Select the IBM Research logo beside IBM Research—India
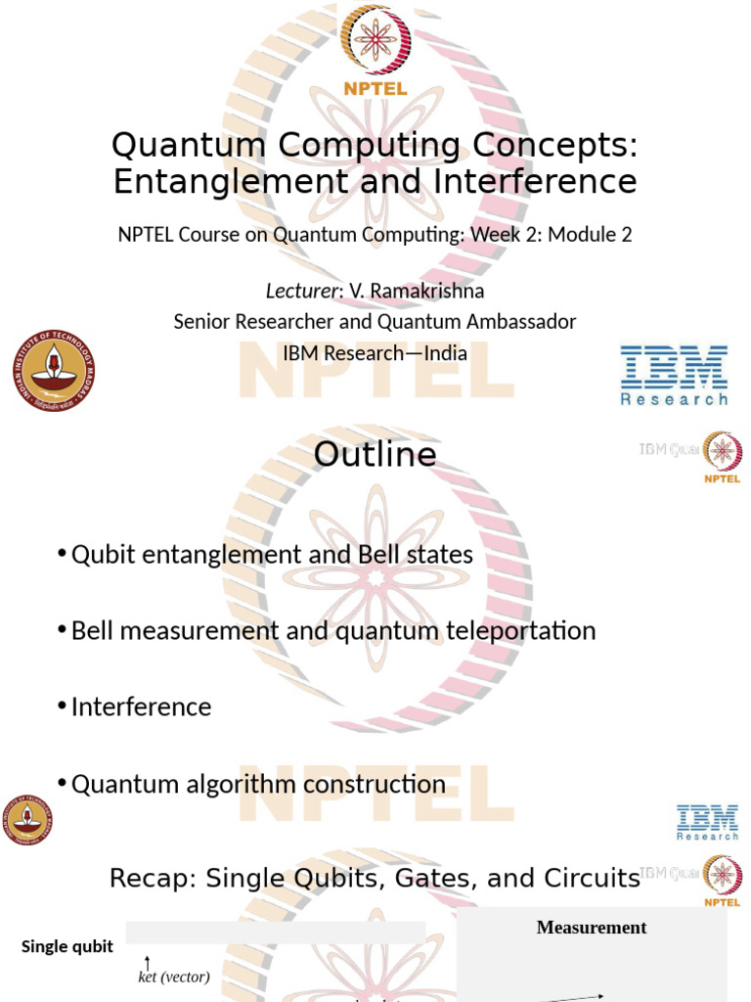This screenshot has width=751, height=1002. click(x=674, y=374)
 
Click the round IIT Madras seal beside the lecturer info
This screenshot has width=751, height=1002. click(x=54, y=371)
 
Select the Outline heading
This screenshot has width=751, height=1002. click(x=375, y=455)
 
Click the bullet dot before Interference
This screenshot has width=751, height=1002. click(x=63, y=706)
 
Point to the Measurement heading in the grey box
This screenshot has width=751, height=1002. click(x=592, y=927)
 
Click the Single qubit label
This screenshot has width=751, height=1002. click(x=67, y=946)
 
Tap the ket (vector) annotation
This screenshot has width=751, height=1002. click(x=173, y=977)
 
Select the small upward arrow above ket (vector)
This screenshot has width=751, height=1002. click(x=147, y=963)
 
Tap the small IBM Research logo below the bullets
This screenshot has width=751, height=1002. click(x=708, y=822)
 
